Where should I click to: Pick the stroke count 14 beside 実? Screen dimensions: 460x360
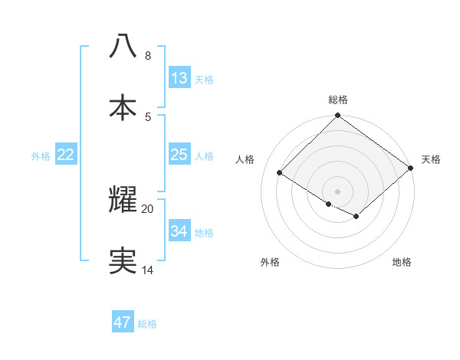pyautogui.click(x=148, y=270)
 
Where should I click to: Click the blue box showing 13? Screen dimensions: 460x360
pyautogui.click(x=179, y=78)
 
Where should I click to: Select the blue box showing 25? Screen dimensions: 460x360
pyautogui.click(x=179, y=155)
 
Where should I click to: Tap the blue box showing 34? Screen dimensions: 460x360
pyautogui.click(x=179, y=231)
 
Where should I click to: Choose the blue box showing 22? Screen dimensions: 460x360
pyautogui.click(x=66, y=155)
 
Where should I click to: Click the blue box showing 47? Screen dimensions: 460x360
pyautogui.click(x=123, y=322)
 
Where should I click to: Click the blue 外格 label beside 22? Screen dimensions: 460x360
pyautogui.click(x=41, y=156)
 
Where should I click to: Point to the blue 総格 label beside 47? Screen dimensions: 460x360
pyautogui.click(x=147, y=324)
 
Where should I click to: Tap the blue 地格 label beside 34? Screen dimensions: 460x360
pyautogui.click(x=204, y=233)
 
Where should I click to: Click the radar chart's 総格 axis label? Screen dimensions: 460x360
pyautogui.click(x=338, y=100)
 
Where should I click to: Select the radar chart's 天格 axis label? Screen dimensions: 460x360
pyautogui.click(x=431, y=159)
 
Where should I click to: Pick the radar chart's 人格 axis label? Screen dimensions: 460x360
pyautogui.click(x=245, y=159)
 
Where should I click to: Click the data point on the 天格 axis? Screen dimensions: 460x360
pyautogui.click(x=411, y=168)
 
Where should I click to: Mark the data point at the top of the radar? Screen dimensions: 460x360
pyautogui.click(x=338, y=116)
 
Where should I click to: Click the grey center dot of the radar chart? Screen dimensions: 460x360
pyautogui.click(x=338, y=191)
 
